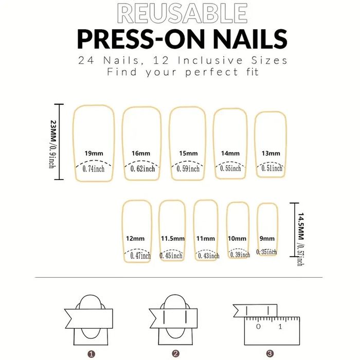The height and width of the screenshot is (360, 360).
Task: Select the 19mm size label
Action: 94,153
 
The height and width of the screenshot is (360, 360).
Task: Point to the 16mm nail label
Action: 140,153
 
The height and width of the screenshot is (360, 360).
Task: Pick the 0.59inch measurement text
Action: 188,168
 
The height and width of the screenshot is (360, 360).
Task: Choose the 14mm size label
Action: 230,153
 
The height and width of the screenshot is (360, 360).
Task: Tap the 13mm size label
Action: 271,153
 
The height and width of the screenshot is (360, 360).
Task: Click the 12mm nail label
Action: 135,239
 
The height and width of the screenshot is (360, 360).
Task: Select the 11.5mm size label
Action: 172,239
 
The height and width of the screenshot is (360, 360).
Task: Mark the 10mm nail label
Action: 238,239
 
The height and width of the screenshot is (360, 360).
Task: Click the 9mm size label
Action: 267,239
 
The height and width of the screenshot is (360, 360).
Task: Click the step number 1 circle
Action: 91,353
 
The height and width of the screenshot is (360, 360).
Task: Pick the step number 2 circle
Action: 175,353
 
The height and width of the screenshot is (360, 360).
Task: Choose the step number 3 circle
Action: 269,353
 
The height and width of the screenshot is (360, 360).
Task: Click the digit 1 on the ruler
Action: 280,327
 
